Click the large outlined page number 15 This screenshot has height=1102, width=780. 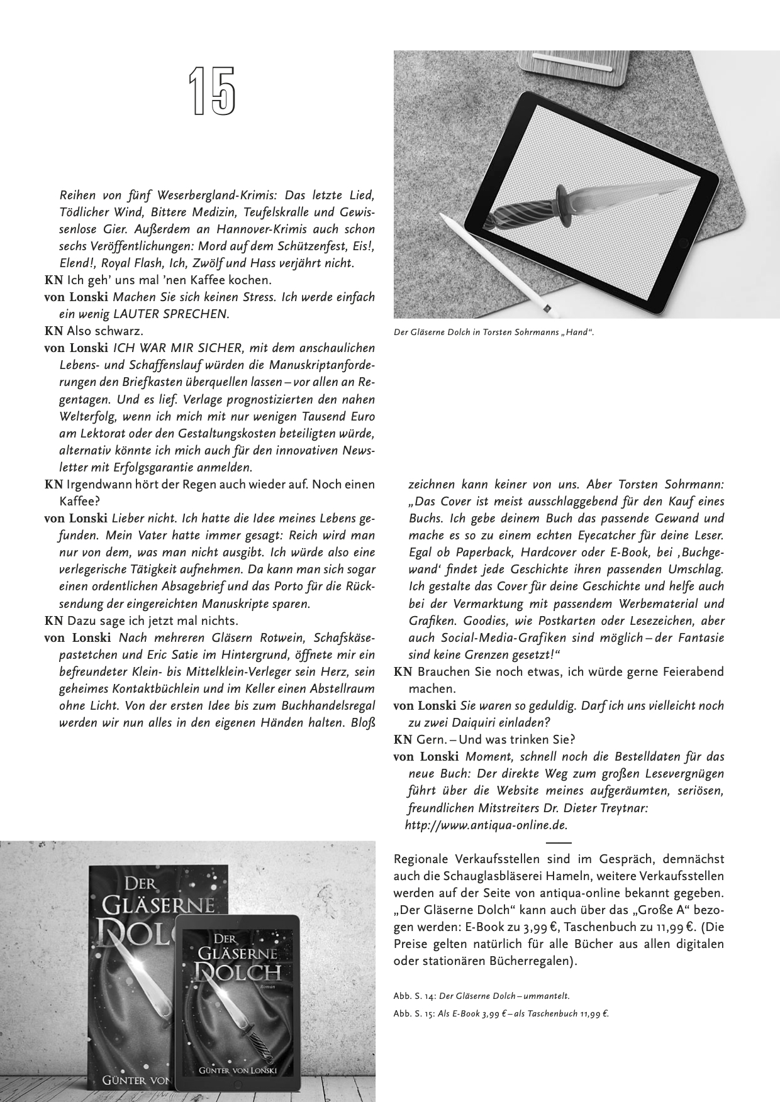[x=212, y=92]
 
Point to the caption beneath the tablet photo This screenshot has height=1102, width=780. [x=493, y=332]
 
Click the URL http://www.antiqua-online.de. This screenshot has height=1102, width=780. [x=486, y=825]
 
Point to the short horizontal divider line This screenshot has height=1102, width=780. [x=559, y=842]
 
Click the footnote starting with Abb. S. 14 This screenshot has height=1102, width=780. [x=481, y=996]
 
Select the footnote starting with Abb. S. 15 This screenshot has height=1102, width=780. [x=501, y=1013]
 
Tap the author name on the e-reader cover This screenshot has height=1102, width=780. [x=237, y=1071]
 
